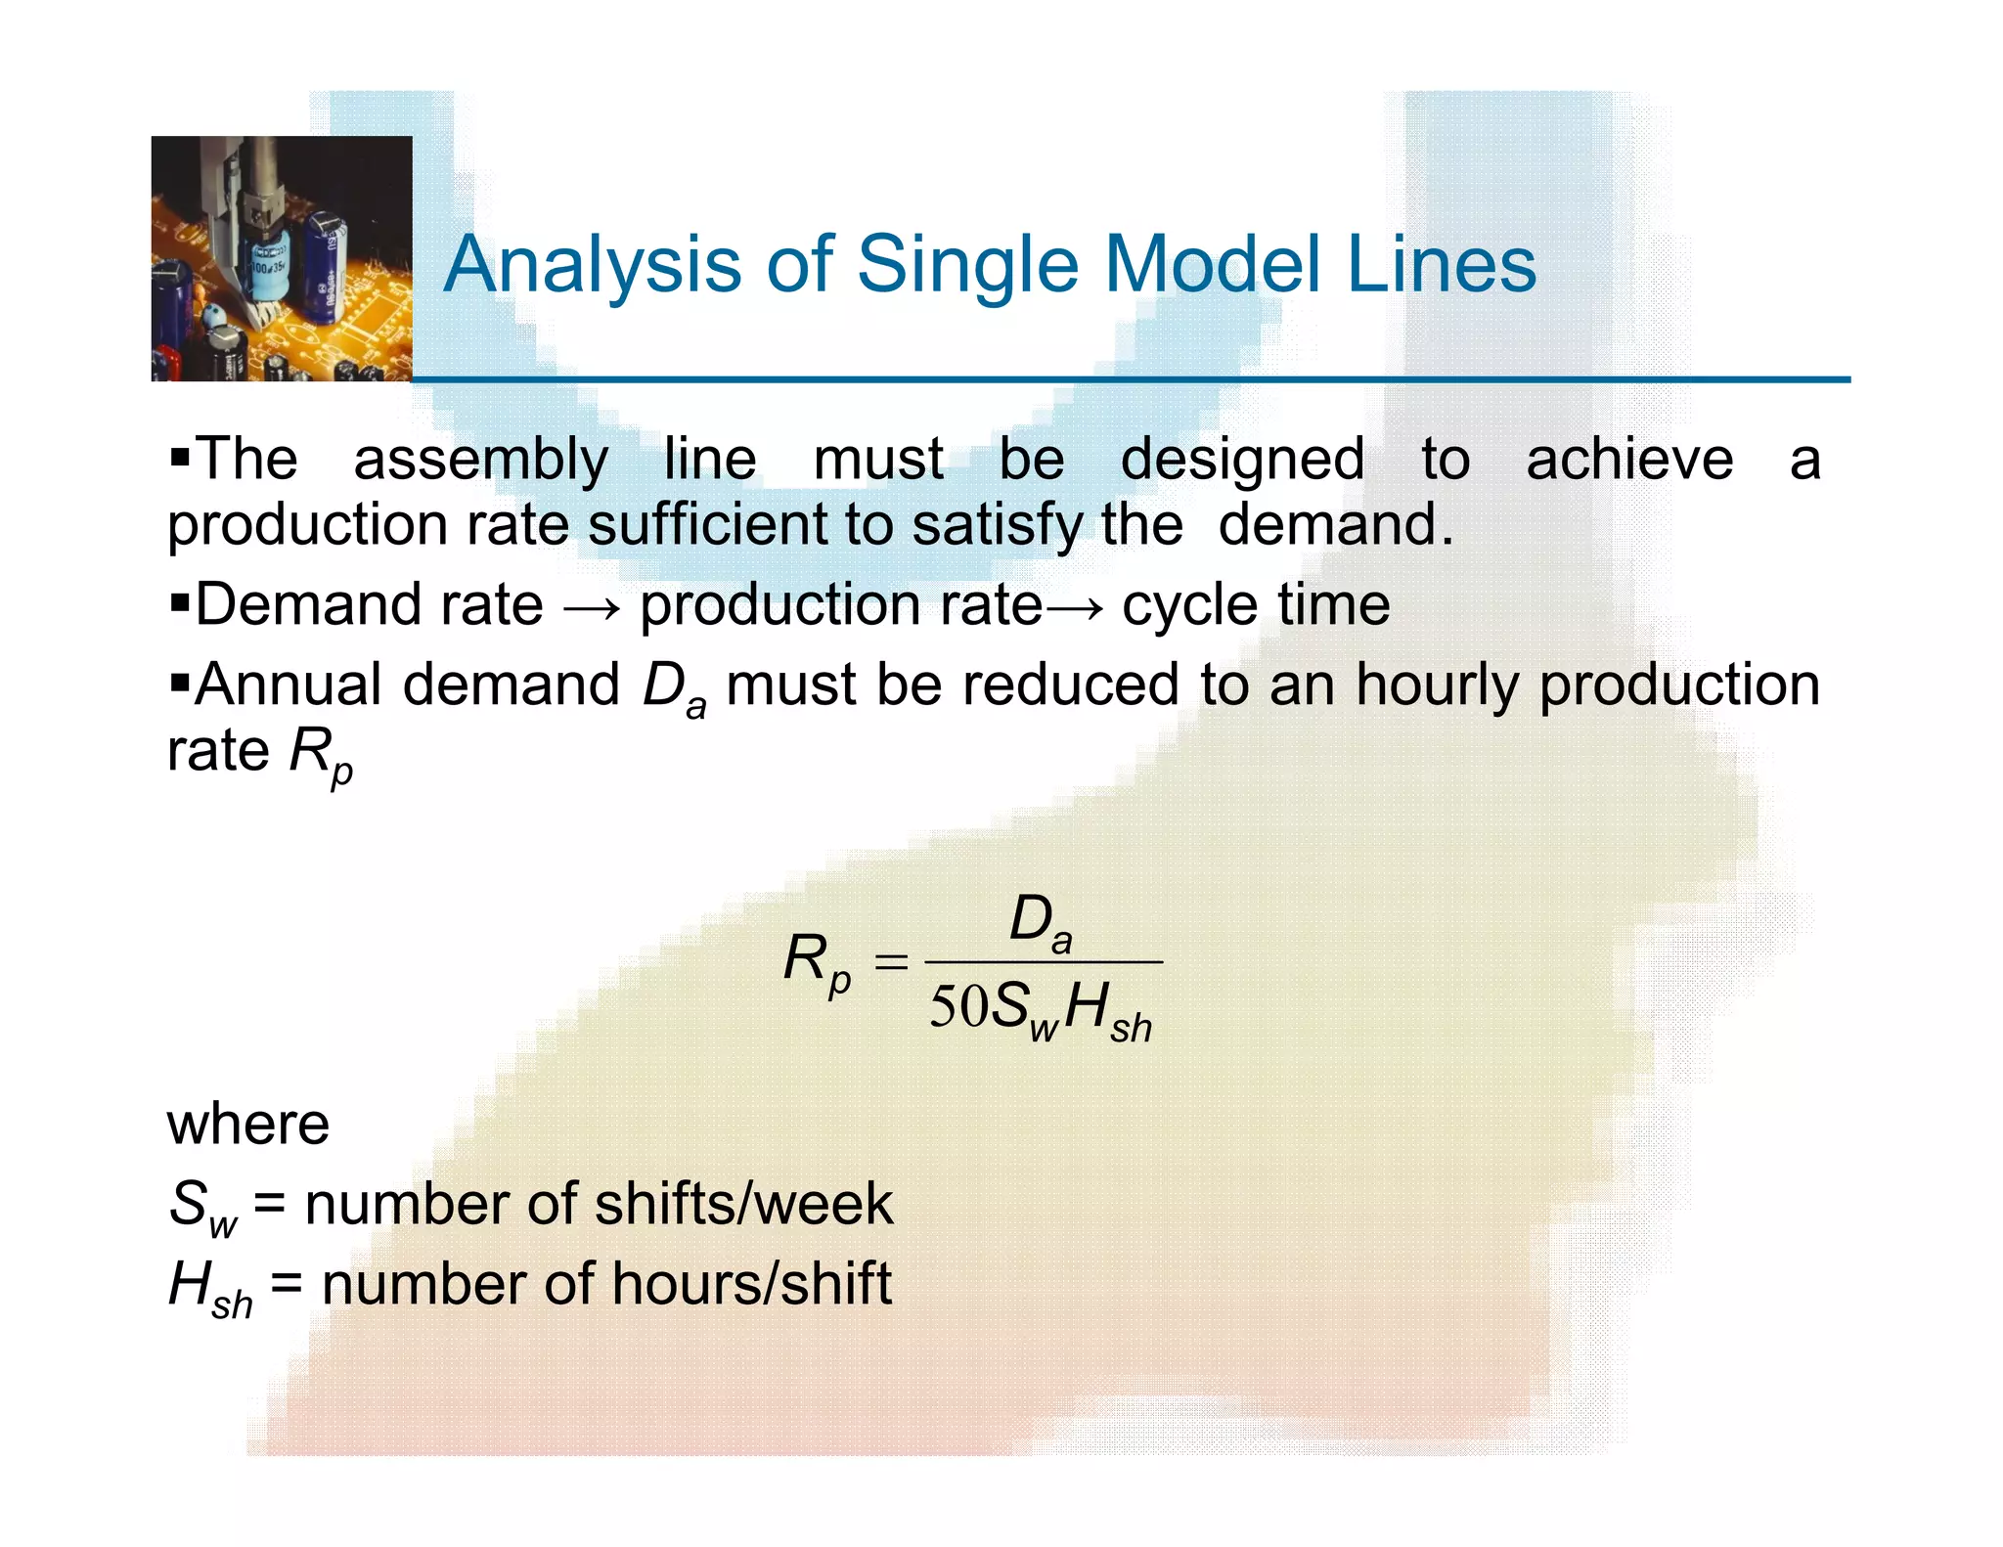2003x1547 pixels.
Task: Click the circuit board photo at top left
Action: pyautogui.click(x=282, y=258)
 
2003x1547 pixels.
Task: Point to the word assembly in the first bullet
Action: pyautogui.click(x=480, y=460)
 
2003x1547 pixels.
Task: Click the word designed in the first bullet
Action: pyautogui.click(x=1242, y=460)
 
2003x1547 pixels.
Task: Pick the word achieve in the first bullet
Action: pyautogui.click(x=1629, y=460)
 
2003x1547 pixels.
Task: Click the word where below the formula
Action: pyautogui.click(x=248, y=1124)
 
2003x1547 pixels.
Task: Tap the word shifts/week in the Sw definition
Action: pyautogui.click(x=743, y=1204)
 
